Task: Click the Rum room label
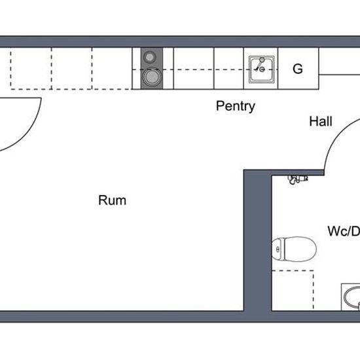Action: point(113,200)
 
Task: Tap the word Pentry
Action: point(236,106)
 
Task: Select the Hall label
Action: point(321,121)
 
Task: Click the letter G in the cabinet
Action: point(298,69)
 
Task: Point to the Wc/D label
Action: point(344,231)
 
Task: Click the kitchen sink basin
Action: point(262,69)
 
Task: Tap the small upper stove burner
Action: point(149,57)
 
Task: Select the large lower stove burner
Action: point(151,77)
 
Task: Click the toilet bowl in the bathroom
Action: point(300,249)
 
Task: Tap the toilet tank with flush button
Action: point(278,249)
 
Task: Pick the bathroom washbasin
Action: point(351,298)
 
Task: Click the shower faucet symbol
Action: point(298,179)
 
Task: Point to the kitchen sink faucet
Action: point(261,65)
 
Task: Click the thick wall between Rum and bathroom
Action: point(257,241)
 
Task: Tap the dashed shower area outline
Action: point(314,290)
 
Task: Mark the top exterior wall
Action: point(180,41)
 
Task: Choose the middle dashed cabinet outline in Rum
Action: point(72,69)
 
